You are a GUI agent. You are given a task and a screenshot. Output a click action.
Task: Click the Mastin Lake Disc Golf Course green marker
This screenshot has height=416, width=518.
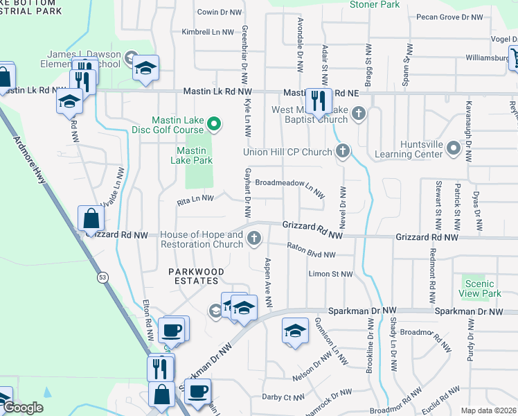click(x=215, y=125)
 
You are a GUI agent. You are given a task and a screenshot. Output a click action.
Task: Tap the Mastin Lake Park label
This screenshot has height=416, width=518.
click(x=190, y=155)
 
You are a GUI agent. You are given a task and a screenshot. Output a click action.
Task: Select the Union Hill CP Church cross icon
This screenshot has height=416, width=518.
click(x=342, y=151)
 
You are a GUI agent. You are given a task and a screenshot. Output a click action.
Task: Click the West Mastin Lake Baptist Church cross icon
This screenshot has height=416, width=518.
click(x=358, y=114)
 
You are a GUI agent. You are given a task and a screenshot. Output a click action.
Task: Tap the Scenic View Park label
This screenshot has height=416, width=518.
click(x=483, y=288)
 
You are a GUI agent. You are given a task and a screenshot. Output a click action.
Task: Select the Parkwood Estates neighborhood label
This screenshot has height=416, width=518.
click(x=195, y=276)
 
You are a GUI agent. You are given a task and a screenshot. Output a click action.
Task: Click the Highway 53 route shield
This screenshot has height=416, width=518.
click(x=103, y=278)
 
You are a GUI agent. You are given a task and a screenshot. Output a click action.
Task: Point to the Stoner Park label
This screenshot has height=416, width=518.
click(x=375, y=5)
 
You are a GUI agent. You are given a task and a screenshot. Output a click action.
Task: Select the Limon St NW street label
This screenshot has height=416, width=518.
click(x=330, y=275)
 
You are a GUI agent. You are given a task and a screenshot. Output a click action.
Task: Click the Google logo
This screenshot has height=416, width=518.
click(x=24, y=408)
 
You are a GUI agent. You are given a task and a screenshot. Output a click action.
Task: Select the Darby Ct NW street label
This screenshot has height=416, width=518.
click(x=285, y=397)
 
